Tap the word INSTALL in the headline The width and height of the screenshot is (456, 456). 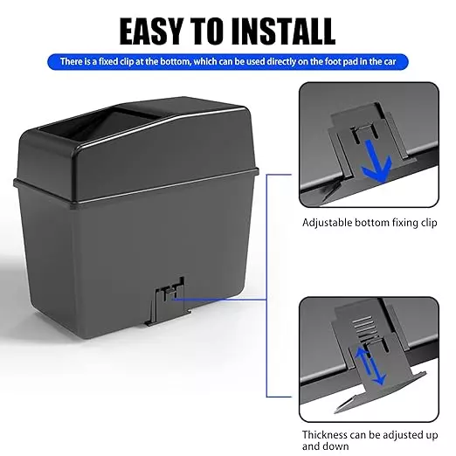(x=283, y=31)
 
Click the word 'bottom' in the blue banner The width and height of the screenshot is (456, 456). (x=173, y=62)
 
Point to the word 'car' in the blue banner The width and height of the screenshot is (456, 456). (x=390, y=62)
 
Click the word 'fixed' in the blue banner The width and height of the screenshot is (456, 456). (x=108, y=62)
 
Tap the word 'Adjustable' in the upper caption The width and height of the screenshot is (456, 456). (x=327, y=223)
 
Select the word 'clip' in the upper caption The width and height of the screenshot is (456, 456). (x=429, y=223)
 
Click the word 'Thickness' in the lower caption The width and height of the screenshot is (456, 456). (x=324, y=435)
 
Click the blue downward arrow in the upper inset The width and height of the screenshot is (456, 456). (x=375, y=161)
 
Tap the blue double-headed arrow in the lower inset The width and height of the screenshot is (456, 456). (x=370, y=365)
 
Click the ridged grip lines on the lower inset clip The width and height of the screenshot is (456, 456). (x=363, y=325)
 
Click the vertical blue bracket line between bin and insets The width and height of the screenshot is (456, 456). (x=266, y=286)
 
